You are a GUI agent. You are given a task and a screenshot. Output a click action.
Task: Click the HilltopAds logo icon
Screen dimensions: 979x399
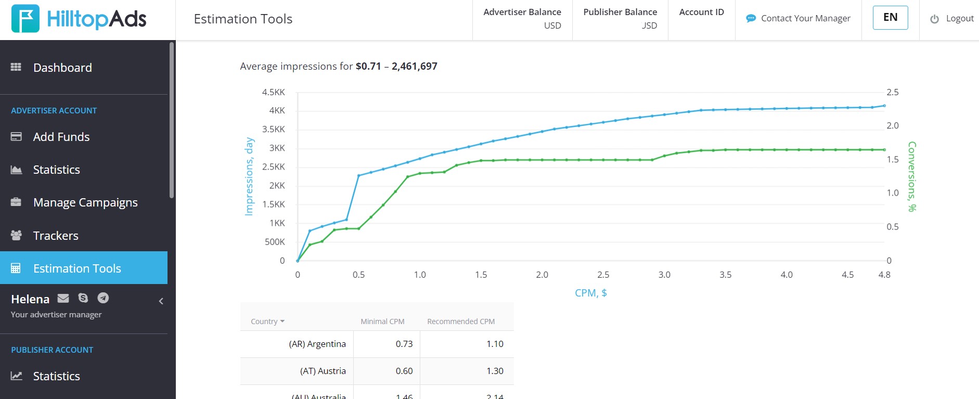tap(25, 19)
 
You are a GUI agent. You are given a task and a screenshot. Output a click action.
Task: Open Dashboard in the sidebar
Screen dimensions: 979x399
tap(62, 68)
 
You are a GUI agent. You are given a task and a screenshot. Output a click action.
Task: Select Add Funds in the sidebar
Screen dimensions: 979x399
tap(61, 137)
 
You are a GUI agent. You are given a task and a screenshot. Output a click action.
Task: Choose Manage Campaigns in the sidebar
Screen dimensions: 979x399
tap(85, 202)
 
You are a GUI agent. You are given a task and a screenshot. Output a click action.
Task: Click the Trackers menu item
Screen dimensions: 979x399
tap(56, 236)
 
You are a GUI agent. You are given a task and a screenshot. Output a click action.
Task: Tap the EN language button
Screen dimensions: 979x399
tap(891, 18)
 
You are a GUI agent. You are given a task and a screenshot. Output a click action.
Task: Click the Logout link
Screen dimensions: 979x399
tap(952, 19)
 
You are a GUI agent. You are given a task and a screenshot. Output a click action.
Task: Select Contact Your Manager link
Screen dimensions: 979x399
tap(798, 19)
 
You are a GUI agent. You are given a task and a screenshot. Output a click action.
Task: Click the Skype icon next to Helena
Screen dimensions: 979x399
tap(83, 298)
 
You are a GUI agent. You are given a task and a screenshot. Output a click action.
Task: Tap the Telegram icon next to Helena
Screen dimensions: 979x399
tap(104, 298)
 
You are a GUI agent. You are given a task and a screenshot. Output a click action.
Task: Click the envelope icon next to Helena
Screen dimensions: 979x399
tap(63, 298)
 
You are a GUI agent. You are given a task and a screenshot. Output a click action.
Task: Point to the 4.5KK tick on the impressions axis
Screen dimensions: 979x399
tap(274, 92)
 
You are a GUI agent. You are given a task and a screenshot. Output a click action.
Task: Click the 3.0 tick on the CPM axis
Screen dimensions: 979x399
tap(664, 275)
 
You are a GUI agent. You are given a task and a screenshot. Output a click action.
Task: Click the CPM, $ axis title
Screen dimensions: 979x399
tap(591, 293)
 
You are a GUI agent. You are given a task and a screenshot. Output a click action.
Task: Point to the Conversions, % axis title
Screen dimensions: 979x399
tap(912, 176)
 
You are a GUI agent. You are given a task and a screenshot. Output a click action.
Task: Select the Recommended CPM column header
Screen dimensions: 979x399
tap(461, 321)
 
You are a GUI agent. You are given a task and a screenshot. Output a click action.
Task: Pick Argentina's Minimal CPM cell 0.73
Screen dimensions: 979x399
tap(404, 344)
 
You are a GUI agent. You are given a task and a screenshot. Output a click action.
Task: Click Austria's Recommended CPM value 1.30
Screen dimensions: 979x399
tap(495, 371)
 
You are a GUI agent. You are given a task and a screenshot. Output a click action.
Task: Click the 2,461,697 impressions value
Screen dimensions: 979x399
tap(415, 66)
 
